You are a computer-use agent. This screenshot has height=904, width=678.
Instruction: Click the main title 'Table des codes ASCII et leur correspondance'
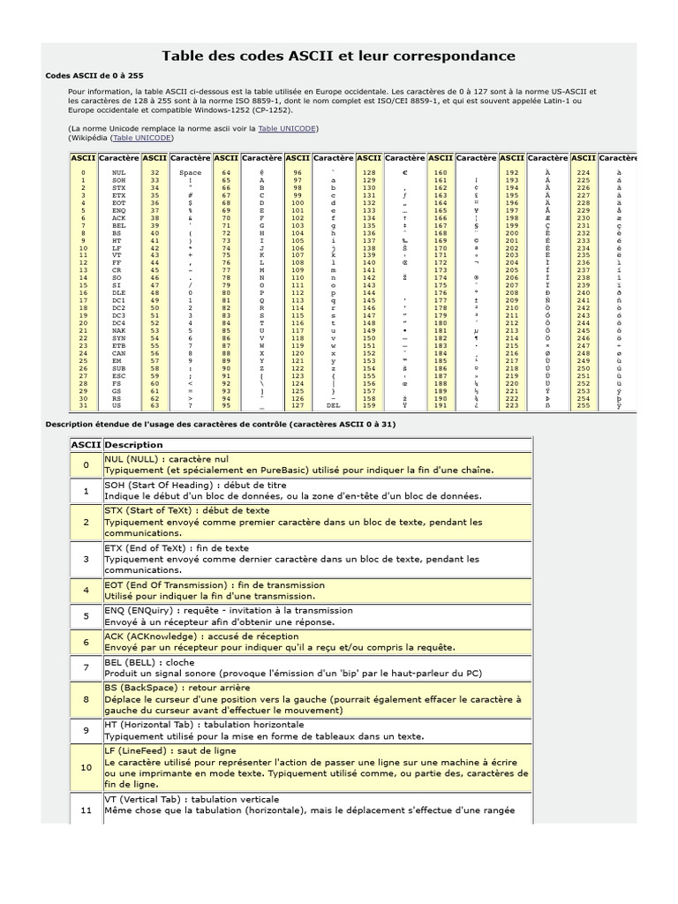tap(338, 56)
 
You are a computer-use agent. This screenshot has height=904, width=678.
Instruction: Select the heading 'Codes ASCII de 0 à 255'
tap(94, 76)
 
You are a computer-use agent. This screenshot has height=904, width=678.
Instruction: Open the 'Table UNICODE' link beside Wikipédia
tap(142, 138)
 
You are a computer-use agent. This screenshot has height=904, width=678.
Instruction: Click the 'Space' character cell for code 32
tap(190, 173)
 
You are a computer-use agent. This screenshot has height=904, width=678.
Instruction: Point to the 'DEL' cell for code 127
tap(333, 405)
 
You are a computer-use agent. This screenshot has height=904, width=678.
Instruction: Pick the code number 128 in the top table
tap(369, 173)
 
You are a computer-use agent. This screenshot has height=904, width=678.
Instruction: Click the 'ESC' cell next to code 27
tap(119, 375)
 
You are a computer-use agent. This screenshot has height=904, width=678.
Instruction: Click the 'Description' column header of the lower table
tap(133, 445)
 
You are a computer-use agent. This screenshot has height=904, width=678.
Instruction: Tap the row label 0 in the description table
tap(87, 465)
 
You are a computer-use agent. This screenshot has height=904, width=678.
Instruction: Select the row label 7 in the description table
tap(87, 667)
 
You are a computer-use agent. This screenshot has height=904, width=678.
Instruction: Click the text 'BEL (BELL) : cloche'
tap(147, 662)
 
